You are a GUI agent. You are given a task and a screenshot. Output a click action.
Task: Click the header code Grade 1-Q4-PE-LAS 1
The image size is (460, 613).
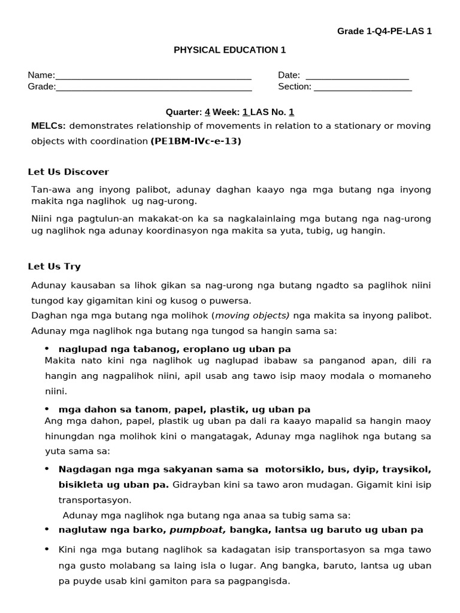point(385,31)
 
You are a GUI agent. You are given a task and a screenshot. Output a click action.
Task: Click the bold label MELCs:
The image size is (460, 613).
point(49,126)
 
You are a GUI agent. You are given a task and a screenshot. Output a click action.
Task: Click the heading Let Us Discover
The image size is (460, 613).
point(68,172)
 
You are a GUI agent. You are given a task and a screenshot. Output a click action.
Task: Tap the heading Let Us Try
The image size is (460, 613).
point(55,266)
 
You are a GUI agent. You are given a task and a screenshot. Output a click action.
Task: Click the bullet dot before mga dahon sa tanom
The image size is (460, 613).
point(47,409)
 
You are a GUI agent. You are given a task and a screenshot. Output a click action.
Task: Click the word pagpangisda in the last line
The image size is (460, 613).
point(261,581)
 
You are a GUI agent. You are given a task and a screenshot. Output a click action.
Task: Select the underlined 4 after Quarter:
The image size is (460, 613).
point(207,112)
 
